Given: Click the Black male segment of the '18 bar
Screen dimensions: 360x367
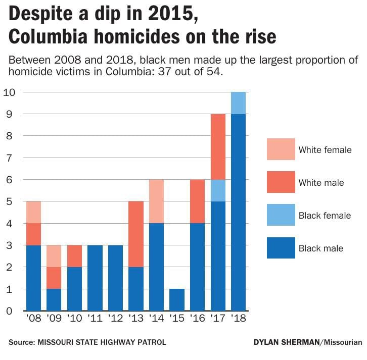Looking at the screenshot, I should click(238, 212).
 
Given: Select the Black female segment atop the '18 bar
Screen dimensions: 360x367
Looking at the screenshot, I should click(238, 103).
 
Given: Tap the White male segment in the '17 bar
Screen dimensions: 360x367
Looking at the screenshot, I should click(218, 146).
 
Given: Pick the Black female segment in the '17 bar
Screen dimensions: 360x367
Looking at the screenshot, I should click(218, 190).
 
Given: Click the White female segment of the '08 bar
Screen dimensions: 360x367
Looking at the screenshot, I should click(33, 212).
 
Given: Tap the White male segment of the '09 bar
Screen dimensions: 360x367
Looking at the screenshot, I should click(54, 278).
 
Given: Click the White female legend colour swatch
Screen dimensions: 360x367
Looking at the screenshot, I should click(281, 149).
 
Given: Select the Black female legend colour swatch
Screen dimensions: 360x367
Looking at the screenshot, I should click(281, 215).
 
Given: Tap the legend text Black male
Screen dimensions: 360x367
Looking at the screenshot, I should click(321, 248).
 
